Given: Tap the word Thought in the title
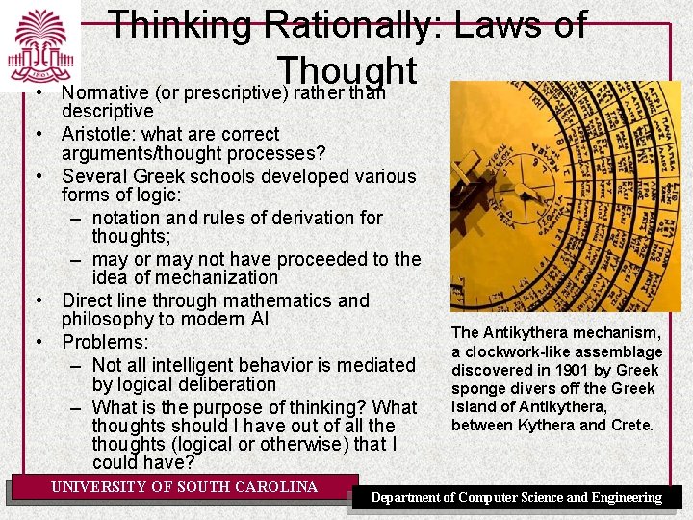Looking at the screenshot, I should pyautogui.click(x=346, y=70).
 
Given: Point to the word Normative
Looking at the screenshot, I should pyautogui.click(x=107, y=93).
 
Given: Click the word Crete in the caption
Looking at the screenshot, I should pyautogui.click(x=630, y=425).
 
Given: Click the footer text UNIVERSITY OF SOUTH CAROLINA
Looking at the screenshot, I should pyautogui.click(x=184, y=487).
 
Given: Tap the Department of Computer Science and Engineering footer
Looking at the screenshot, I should pyautogui.click(x=517, y=498).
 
